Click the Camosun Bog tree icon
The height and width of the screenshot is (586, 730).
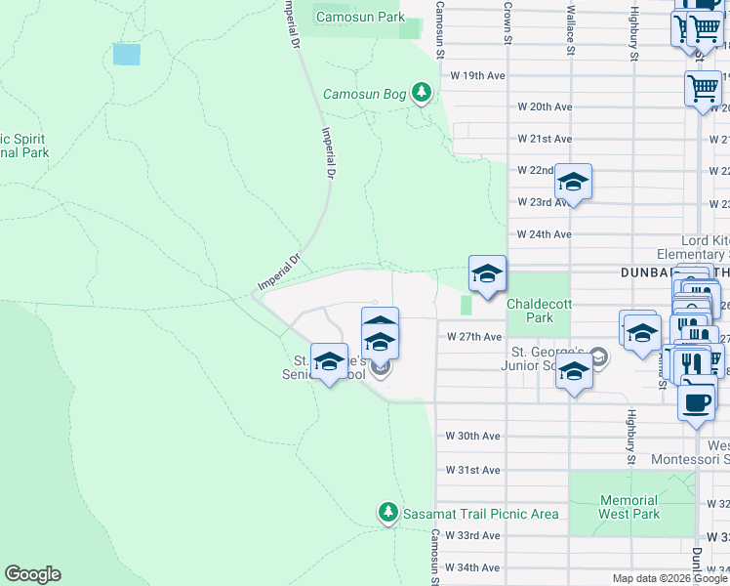coord(422,94)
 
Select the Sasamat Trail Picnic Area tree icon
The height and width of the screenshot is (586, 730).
coord(388,513)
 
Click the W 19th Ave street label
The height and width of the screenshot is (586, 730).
coord(476,75)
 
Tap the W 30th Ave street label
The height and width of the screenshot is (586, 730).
coord(472,436)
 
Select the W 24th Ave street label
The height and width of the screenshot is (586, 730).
coord(544,234)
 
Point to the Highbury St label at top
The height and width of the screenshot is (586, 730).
coord(634,31)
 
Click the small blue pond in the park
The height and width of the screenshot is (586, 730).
coord(126,54)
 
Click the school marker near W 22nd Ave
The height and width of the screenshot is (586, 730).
coord(573,183)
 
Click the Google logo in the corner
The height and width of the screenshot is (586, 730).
coord(32,574)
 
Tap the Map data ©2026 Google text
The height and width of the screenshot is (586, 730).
coord(669,578)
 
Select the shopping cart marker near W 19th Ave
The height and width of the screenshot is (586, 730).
coord(703,89)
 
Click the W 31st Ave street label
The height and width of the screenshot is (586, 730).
coord(472,470)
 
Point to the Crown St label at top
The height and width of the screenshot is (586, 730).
coord(507,15)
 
